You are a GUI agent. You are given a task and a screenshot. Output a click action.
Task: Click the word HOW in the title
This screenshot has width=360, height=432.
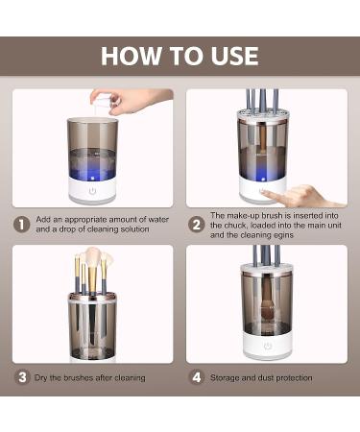tap(129, 56)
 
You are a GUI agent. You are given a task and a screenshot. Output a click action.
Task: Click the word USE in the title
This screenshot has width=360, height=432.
tap(230, 56)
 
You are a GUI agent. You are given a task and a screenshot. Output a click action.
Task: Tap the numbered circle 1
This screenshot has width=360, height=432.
tap(21, 224)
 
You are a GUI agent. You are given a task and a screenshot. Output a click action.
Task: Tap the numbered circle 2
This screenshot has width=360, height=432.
tap(196, 224)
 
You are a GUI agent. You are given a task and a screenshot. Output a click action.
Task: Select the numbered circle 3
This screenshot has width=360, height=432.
tap(21, 377)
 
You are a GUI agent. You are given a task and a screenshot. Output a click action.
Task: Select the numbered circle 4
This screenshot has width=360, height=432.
tap(196, 377)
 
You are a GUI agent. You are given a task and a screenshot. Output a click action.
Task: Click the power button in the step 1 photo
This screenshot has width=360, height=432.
tap(92, 190)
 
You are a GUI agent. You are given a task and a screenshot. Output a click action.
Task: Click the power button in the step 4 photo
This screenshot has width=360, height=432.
tap(267, 347)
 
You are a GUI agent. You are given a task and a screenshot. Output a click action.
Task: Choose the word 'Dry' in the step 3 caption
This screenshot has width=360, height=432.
tap(43, 378)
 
